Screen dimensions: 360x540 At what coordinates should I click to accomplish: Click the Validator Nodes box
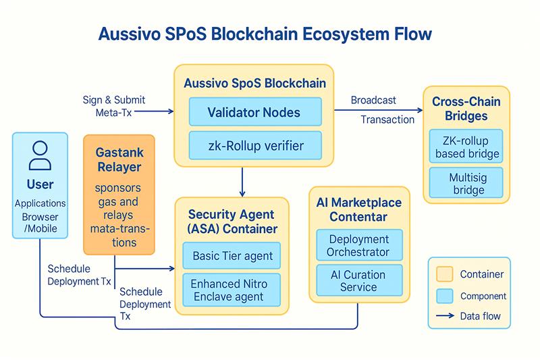point(245,111)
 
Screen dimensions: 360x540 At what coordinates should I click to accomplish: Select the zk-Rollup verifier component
point(245,145)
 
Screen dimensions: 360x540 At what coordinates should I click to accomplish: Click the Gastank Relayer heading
point(119,159)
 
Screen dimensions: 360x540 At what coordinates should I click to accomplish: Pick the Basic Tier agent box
point(233,256)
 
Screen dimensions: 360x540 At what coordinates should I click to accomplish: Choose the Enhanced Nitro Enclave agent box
point(233,290)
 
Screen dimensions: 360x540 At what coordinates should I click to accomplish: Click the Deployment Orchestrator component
point(358,246)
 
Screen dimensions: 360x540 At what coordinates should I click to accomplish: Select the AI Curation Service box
point(358,281)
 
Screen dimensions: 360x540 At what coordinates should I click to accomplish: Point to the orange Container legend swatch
point(445,274)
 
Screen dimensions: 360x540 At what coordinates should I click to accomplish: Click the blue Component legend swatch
point(445,295)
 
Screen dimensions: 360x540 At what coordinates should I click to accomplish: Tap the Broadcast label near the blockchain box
point(373,101)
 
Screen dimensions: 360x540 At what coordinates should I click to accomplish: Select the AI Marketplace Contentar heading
point(358,209)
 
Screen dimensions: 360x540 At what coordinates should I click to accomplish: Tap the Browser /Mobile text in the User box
point(40,222)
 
